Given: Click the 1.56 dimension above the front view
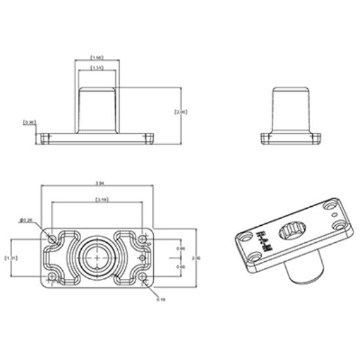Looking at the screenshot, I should [97, 57].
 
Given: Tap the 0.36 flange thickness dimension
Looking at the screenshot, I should [29, 122].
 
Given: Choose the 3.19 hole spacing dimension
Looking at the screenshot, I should [101, 198].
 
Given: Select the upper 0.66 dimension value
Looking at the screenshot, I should [181, 249].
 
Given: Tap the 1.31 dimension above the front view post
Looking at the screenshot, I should [97, 67].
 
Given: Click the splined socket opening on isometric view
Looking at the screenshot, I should [291, 231].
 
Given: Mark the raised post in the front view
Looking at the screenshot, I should [97, 109].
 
